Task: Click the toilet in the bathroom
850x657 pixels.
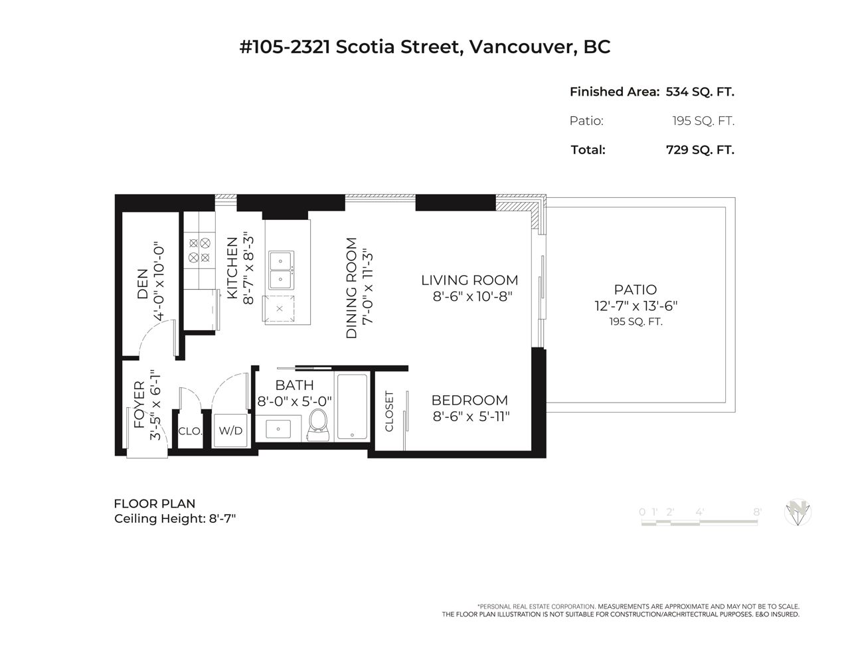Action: (318, 424)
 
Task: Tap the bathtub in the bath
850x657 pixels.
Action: (352, 406)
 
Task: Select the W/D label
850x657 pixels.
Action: (230, 431)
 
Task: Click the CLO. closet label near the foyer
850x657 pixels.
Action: (190, 431)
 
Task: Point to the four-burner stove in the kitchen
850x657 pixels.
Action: (199, 250)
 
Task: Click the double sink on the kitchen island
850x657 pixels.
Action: (281, 270)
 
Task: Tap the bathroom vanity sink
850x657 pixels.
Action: (278, 429)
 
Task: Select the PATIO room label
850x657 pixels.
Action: (636, 290)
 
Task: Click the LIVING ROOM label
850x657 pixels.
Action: (469, 280)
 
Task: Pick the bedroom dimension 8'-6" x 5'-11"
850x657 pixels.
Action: (471, 417)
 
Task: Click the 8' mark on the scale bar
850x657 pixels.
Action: (757, 512)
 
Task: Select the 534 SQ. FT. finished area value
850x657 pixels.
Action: (700, 92)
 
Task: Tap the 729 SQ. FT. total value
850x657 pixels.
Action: (700, 150)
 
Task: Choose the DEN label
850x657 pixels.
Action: (143, 284)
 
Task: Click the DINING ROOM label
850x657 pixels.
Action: (352, 288)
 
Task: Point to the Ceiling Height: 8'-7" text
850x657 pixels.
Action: (175, 518)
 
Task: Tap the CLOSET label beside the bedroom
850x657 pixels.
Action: (389, 411)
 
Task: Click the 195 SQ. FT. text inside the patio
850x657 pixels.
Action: (636, 322)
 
